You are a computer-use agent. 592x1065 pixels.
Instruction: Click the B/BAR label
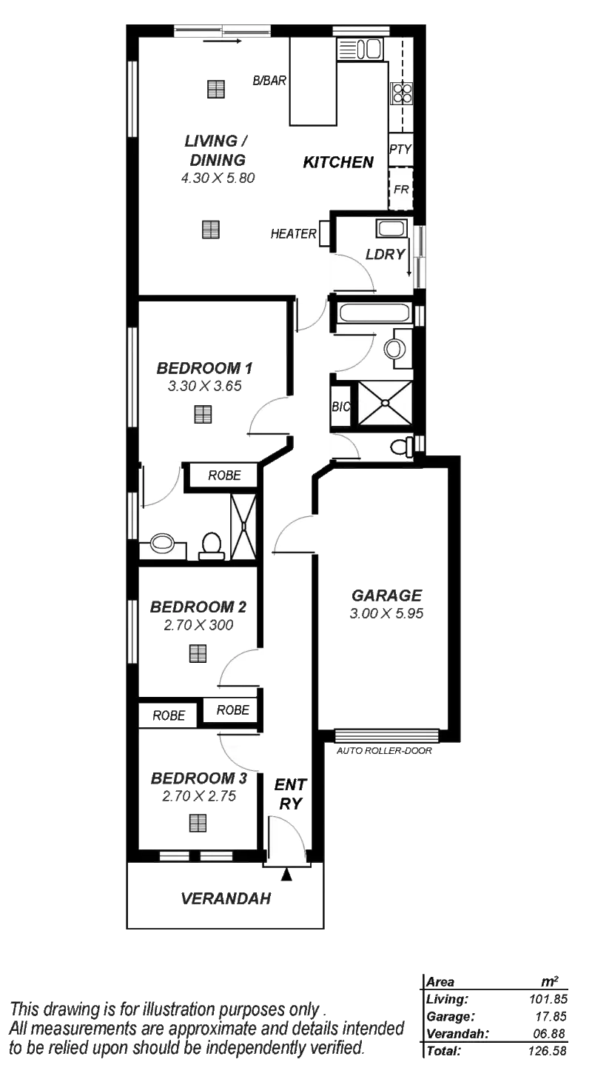coord(269,81)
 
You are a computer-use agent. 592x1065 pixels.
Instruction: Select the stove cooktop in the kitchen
coord(402,93)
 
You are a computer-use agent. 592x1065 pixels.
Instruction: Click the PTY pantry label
coord(400,150)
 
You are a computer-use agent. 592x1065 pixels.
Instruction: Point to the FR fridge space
coord(401,190)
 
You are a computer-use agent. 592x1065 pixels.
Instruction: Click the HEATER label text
coord(293,234)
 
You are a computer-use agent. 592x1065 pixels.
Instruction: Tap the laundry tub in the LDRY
coord(391,229)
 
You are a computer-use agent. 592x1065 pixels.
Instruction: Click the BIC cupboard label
coord(340,407)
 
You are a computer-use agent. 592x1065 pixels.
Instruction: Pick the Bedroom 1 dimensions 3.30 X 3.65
coord(205,386)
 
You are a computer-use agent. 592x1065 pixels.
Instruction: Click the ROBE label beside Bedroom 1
coord(224,475)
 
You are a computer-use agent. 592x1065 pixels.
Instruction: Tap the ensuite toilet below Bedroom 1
coord(211,546)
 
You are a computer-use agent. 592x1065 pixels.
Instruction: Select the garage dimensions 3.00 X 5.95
coord(386,613)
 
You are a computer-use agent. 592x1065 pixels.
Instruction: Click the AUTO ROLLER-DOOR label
coord(384,751)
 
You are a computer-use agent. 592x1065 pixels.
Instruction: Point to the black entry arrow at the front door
coord(286,875)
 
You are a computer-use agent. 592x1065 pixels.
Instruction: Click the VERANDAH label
coord(226,898)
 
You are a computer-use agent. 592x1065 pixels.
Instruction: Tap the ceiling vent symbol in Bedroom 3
coord(198,823)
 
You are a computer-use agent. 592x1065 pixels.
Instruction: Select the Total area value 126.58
coord(548,1051)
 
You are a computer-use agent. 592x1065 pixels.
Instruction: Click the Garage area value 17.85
coord(551,1017)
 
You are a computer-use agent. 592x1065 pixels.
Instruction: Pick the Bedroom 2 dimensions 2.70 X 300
coord(198,625)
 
